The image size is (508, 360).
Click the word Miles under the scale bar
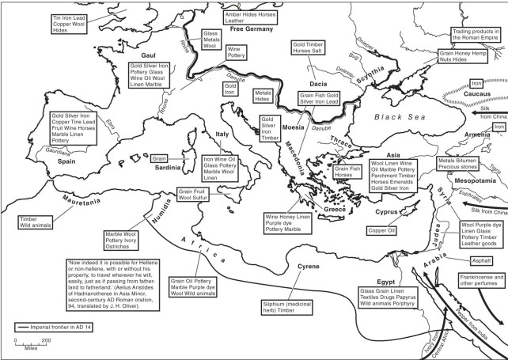[31, 346]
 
